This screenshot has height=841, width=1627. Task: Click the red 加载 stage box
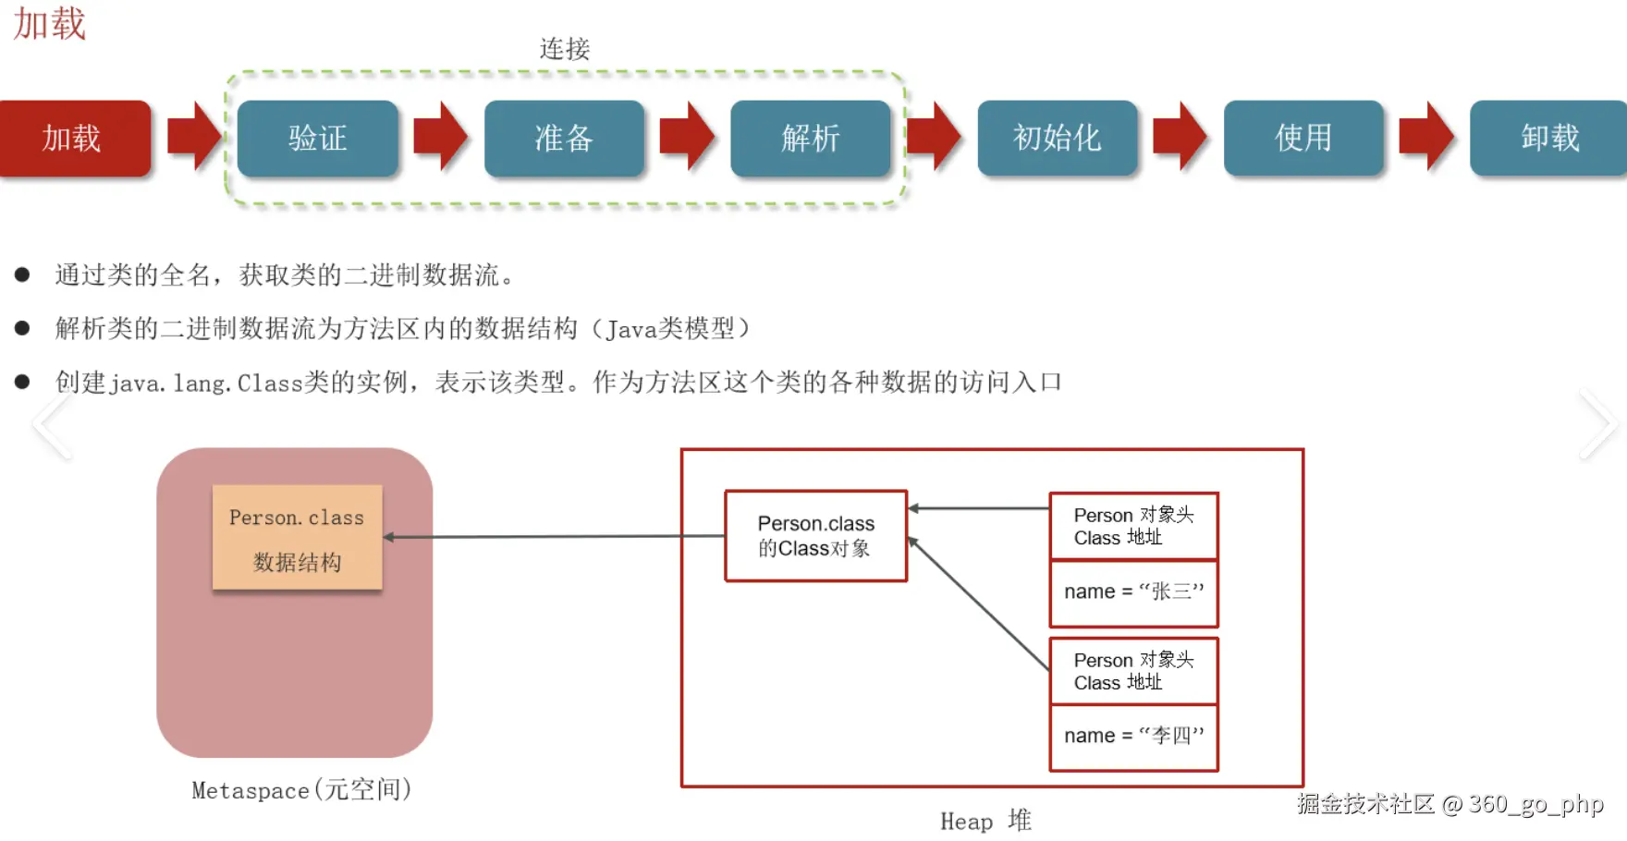[74, 139]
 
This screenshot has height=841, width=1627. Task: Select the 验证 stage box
[318, 139]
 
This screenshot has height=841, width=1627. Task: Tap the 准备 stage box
[564, 139]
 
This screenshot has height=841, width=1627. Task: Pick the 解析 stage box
[811, 139]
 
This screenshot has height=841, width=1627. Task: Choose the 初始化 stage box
[1058, 139]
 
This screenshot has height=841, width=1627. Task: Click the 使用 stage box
[1303, 139]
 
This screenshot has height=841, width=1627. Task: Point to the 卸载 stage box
[1549, 139]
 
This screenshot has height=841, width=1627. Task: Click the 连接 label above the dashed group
[565, 49]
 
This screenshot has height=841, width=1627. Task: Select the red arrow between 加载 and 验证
[194, 137]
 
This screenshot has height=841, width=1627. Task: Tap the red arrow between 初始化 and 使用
[1180, 137]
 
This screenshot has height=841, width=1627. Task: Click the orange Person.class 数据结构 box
[297, 537]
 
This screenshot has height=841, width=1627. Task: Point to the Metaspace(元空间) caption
[301, 790]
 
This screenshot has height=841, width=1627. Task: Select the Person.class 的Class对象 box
[816, 536]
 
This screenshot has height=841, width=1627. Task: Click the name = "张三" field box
[1134, 592]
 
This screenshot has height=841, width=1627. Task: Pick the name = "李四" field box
[1134, 737]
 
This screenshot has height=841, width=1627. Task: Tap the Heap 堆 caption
[985, 821]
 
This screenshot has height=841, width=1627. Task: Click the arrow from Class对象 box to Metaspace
[555, 536]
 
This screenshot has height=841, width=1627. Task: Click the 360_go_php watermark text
[1535, 804]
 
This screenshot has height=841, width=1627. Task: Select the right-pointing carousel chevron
[1597, 424]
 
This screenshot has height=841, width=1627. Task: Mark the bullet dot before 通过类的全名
[22, 274]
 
